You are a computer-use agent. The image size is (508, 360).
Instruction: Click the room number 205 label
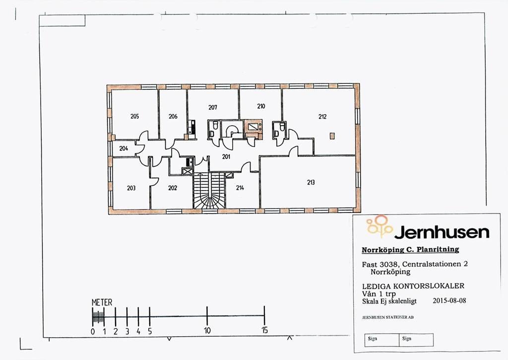[x=134, y=116]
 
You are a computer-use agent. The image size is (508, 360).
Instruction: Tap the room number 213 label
[x=311, y=182]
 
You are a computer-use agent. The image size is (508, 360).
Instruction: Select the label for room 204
[x=124, y=148]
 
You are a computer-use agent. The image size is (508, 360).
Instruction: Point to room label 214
[x=240, y=188]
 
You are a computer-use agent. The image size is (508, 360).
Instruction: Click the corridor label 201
[x=226, y=156]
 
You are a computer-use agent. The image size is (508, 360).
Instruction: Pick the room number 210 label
[x=261, y=106]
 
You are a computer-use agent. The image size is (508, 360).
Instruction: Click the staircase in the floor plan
[x=209, y=191]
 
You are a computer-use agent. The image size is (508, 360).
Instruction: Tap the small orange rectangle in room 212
[x=332, y=136]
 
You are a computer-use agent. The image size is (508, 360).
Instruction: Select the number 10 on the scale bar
[x=207, y=331]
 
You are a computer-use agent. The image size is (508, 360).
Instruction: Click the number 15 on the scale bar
[x=265, y=331]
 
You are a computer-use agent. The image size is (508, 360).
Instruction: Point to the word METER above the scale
[x=102, y=302]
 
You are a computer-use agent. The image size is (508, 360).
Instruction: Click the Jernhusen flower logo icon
[x=380, y=226]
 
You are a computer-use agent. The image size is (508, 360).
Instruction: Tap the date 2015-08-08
[x=449, y=300]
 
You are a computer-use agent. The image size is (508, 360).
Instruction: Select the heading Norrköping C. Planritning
[x=410, y=250]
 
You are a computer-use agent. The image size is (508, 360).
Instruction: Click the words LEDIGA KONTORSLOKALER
[x=413, y=286]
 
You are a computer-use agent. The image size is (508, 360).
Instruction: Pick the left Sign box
[x=382, y=340]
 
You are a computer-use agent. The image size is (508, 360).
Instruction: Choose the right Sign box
[x=416, y=340]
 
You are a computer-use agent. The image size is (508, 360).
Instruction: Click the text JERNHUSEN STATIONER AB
[x=388, y=317]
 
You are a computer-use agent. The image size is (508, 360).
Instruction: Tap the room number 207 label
[x=212, y=107]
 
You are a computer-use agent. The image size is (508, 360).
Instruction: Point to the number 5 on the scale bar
[x=150, y=331]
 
